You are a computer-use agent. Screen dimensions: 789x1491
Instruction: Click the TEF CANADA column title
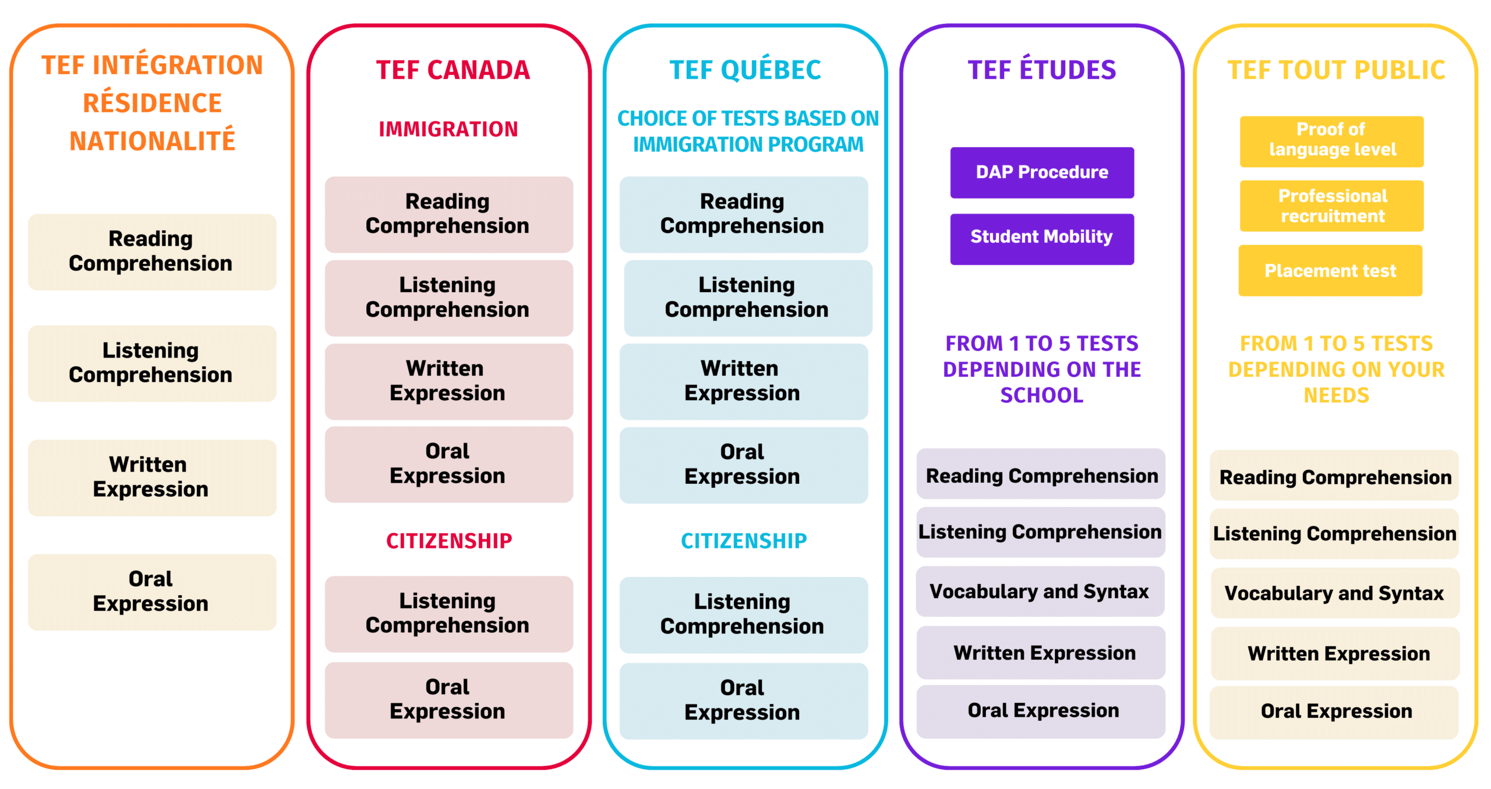tap(453, 70)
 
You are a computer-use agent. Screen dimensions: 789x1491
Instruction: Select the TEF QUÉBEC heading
tap(745, 70)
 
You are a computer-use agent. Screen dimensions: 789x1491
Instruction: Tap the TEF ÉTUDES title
tap(1042, 70)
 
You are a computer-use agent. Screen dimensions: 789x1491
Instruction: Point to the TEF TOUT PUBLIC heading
tap(1336, 70)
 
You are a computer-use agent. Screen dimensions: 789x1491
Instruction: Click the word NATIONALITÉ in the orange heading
tap(152, 141)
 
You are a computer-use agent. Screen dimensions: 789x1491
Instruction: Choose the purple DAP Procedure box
tap(1042, 172)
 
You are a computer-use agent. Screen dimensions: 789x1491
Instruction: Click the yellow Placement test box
tap(1331, 271)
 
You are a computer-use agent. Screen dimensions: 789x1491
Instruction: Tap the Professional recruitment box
tap(1332, 206)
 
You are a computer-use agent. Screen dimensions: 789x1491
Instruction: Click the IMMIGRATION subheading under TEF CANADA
tap(448, 129)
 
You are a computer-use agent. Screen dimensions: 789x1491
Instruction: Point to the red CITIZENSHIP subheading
tap(449, 541)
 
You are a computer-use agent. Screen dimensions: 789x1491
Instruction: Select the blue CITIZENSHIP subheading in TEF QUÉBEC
tap(744, 541)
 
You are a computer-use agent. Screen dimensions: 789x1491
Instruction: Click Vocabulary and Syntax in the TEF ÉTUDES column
tap(1040, 592)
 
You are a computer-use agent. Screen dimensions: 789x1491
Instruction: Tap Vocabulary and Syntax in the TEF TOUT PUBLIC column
tap(1334, 593)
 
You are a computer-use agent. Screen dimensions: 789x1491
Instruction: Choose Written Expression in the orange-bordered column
tap(151, 477)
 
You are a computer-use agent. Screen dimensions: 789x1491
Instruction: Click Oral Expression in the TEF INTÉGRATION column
tap(151, 592)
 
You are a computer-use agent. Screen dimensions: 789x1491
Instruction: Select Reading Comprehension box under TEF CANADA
tap(448, 214)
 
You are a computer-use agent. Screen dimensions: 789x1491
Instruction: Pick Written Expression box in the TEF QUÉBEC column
tap(743, 381)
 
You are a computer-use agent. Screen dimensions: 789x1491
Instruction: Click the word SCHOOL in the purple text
tap(1042, 395)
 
